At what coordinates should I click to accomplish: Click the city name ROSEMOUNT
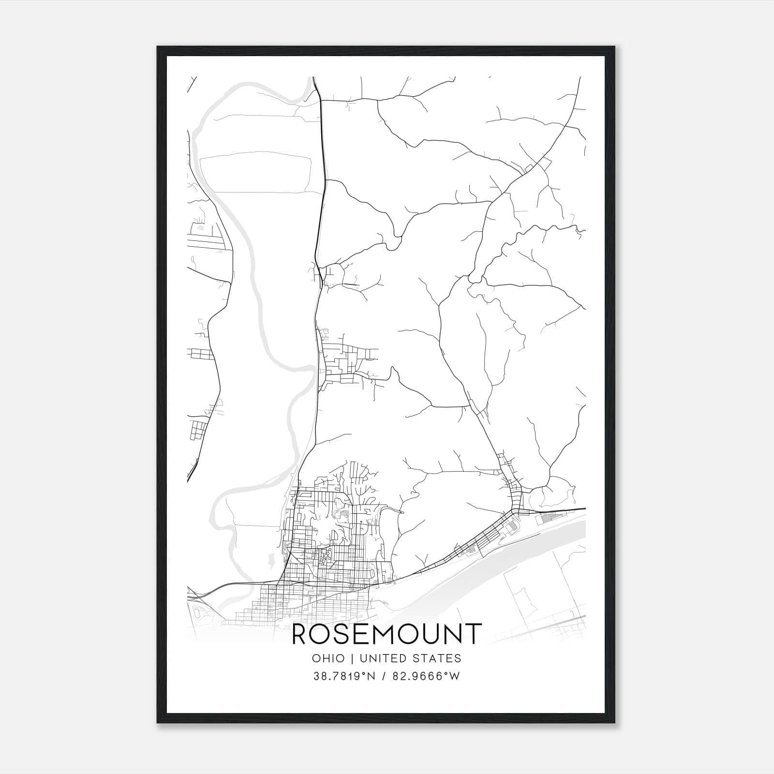tap(387, 634)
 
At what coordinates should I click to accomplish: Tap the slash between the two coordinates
tap(384, 676)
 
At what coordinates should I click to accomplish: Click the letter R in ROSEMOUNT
tap(300, 634)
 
